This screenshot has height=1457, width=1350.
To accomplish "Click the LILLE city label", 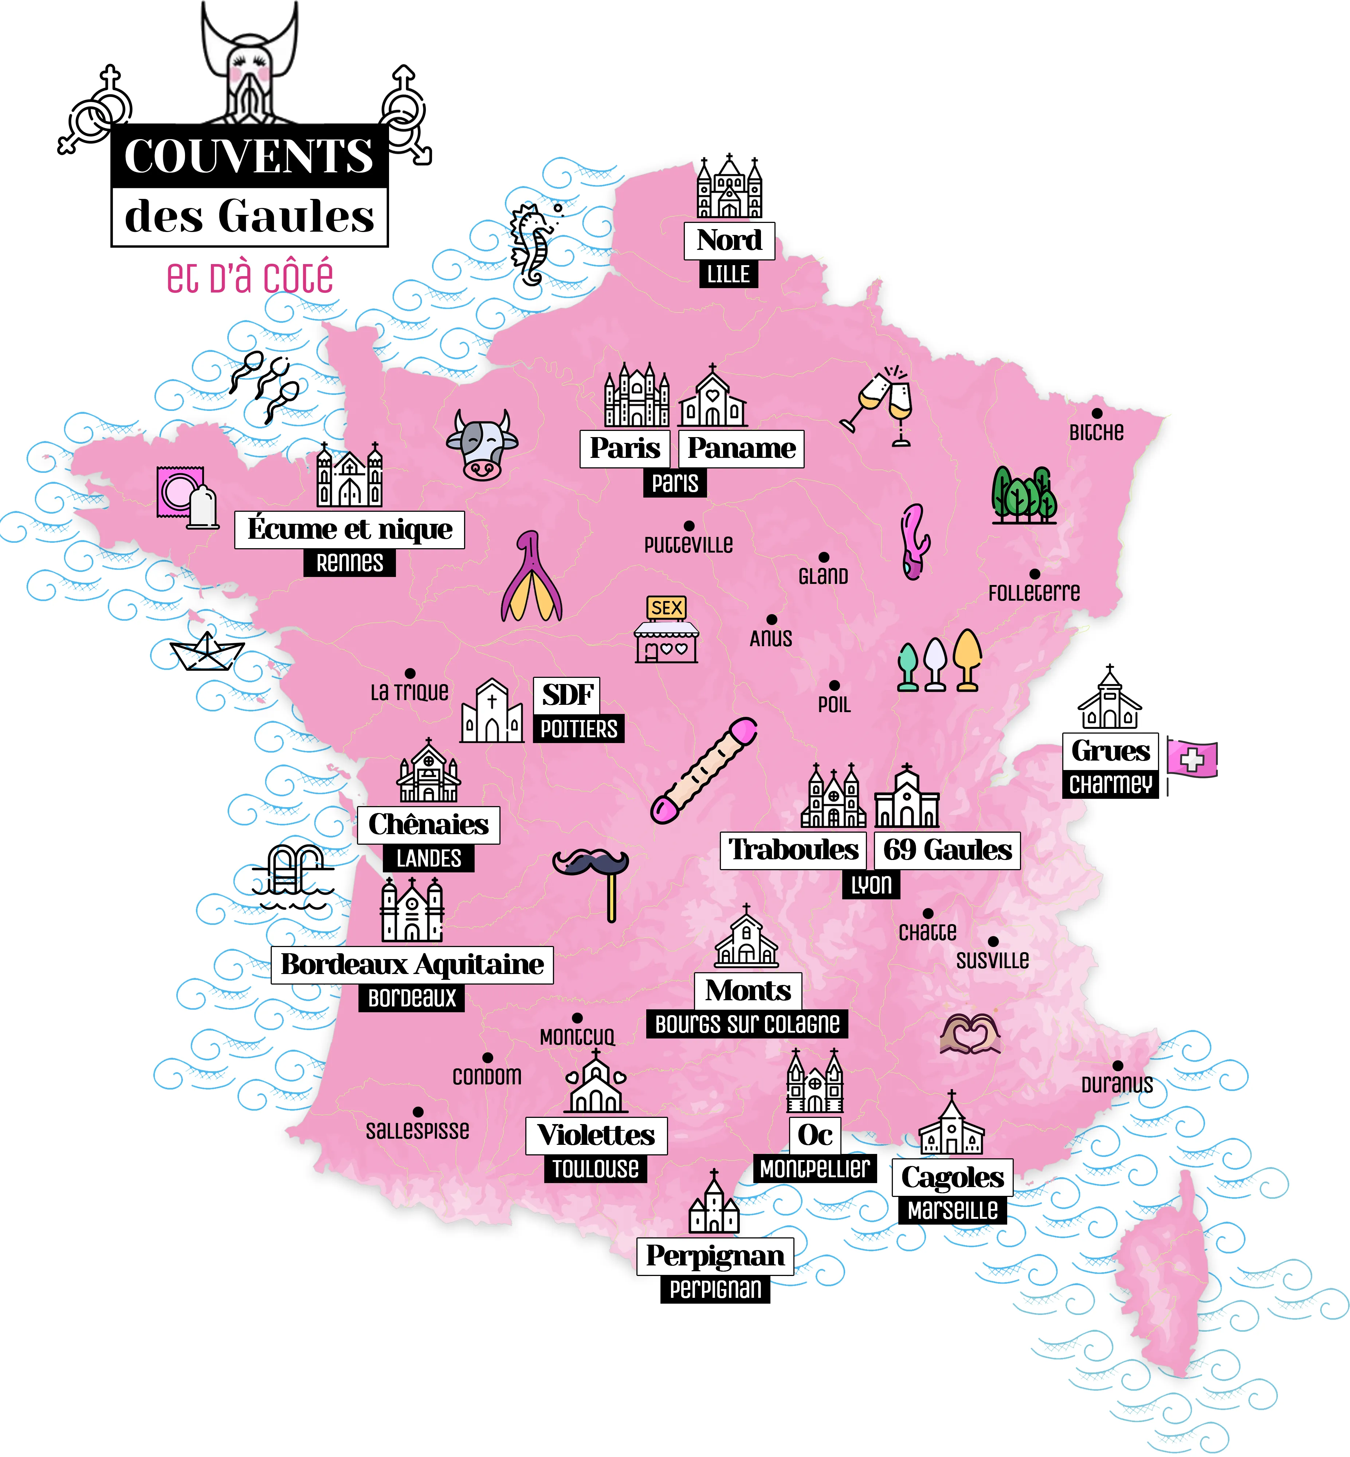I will [x=728, y=275].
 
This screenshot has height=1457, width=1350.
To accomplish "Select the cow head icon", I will [x=482, y=445].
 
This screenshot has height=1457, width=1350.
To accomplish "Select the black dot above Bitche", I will [x=1096, y=413].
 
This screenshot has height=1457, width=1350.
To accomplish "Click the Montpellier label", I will [x=815, y=1169].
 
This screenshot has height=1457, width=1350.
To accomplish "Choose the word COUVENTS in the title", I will [x=249, y=156].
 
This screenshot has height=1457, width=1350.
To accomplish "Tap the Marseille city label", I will [x=953, y=1210].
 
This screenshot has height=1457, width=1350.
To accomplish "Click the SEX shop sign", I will [x=666, y=608].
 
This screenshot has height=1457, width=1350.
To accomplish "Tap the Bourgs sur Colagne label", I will [x=747, y=1024].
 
